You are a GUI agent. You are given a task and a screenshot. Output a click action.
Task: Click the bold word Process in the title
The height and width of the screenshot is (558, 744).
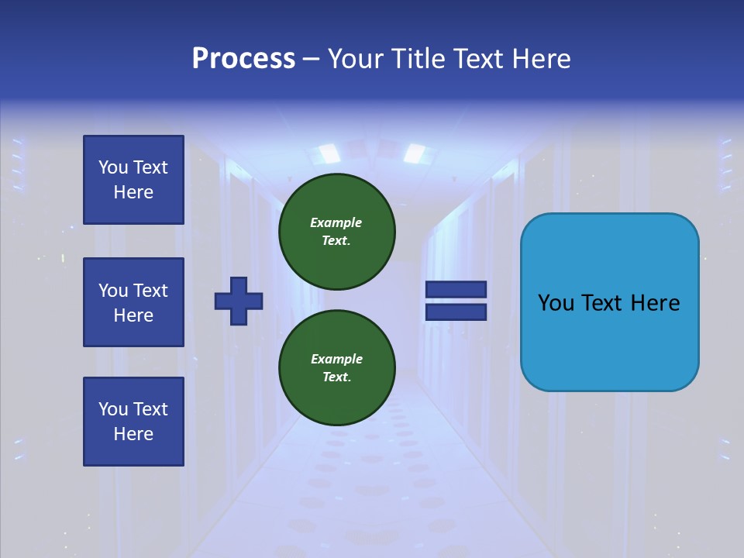click(x=243, y=59)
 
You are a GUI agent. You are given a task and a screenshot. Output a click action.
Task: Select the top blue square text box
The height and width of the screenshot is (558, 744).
click(x=133, y=180)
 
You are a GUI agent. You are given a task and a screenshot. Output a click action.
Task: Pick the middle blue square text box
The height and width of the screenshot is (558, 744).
click(x=133, y=302)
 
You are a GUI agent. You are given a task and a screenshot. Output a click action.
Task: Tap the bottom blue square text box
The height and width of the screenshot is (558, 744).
click(x=133, y=422)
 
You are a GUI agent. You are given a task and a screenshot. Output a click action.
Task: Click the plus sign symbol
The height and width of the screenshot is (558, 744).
click(x=239, y=301)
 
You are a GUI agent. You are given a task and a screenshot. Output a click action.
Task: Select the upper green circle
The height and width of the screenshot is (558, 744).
click(x=337, y=231)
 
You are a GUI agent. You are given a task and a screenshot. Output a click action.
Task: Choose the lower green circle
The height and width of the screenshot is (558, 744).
click(x=337, y=368)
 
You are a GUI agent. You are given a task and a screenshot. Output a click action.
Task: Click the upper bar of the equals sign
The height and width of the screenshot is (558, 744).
click(x=456, y=290)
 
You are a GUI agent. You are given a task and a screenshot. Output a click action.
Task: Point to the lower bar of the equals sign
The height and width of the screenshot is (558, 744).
click(x=456, y=312)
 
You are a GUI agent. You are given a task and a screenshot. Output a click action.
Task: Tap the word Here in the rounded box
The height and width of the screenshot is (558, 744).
click(x=655, y=303)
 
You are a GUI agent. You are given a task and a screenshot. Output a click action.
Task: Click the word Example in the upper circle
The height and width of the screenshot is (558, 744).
click(x=336, y=222)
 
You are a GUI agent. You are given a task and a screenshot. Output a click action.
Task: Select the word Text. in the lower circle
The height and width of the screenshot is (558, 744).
click(x=336, y=377)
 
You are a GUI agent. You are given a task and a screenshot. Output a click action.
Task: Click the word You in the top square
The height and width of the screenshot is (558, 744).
click(x=113, y=167)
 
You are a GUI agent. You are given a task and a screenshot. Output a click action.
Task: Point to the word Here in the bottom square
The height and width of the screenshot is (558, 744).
click(x=133, y=434)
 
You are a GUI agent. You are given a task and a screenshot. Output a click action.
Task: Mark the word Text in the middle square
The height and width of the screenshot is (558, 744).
click(x=150, y=291)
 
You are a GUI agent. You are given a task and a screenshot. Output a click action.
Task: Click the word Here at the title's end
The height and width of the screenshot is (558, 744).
click(x=540, y=59)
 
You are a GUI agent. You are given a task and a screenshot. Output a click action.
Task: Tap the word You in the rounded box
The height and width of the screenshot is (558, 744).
click(x=556, y=303)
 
